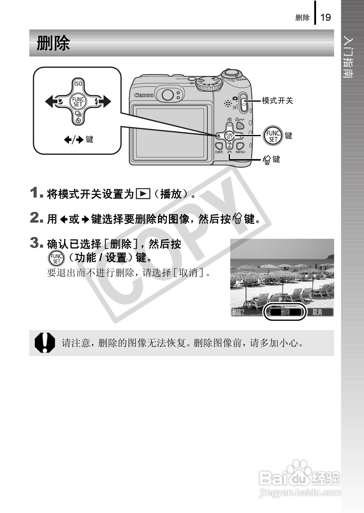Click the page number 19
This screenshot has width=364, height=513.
pos(326,17)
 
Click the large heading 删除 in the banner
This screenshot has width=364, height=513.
pos(53,43)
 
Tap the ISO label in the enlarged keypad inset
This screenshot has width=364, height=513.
pos(78,84)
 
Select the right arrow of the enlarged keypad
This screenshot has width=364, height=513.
pos(106,101)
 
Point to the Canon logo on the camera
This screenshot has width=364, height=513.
pos(144,95)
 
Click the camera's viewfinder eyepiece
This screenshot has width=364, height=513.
pos(167,95)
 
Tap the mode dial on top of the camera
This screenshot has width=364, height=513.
pos(209,84)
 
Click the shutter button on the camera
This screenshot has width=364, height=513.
pos(231,73)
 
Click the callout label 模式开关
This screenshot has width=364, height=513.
pos(277,100)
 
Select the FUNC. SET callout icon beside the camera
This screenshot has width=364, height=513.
pos(273,136)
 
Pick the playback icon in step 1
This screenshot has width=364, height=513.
pos(143,194)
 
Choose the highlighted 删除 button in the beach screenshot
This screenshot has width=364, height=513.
pos(285,312)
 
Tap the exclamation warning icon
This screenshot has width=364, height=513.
pos(45,343)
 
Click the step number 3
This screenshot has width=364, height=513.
pos(35,243)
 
